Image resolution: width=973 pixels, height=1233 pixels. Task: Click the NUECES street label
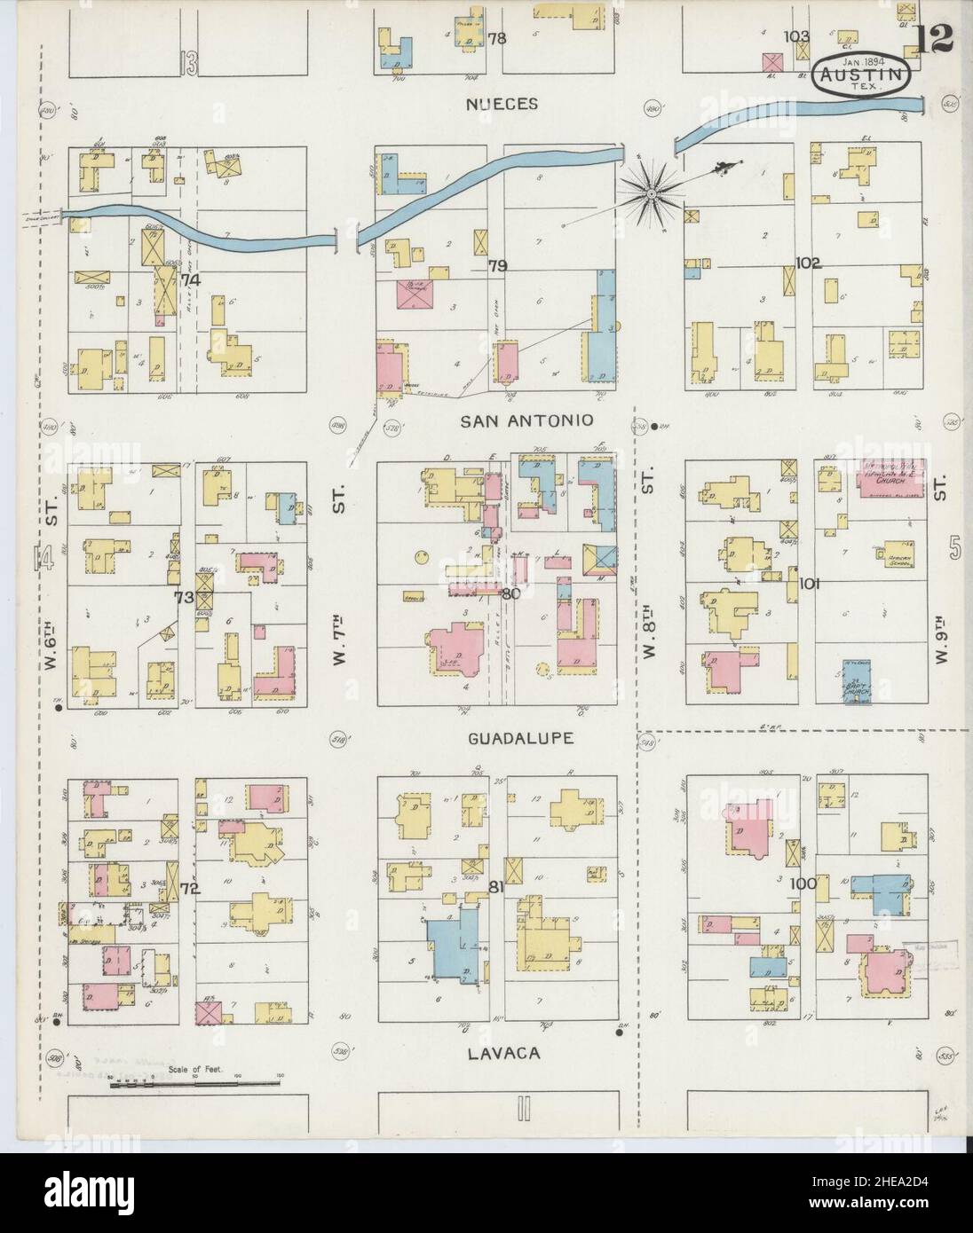502,104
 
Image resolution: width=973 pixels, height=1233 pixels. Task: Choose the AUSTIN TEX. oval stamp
862,74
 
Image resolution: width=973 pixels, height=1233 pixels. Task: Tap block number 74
189,279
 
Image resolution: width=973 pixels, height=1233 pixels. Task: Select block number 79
497,265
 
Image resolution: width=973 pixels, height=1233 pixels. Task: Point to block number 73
184,597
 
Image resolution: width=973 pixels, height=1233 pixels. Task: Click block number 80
509,594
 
